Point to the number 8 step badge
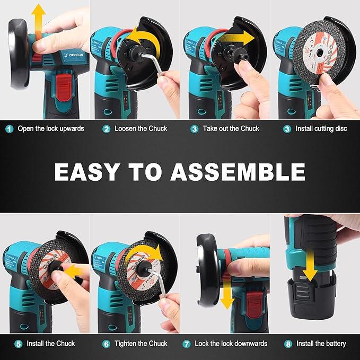[x=288, y=344]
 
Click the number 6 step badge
[x=106, y=344]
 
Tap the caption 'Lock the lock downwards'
[x=231, y=344]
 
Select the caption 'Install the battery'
[x=321, y=344]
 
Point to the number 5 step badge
[x=19, y=344]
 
